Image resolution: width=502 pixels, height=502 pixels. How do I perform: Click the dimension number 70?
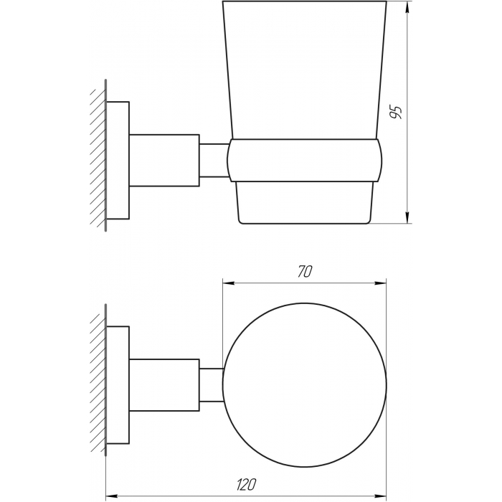[x=305, y=272]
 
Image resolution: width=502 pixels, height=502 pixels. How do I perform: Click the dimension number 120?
[x=246, y=485]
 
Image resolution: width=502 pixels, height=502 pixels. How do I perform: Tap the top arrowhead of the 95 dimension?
[x=407, y=7]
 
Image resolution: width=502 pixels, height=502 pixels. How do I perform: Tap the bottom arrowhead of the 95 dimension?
[x=407, y=217]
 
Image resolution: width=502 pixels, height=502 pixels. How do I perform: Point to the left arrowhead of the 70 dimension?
[x=229, y=283]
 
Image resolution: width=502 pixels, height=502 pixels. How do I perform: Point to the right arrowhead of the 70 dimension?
[x=380, y=283]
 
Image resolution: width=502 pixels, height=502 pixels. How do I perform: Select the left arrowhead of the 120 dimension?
[x=112, y=497]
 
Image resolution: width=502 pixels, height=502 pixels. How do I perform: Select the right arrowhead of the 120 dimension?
[x=380, y=497]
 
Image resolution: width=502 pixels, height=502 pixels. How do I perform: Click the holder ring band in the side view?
[x=304, y=161]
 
